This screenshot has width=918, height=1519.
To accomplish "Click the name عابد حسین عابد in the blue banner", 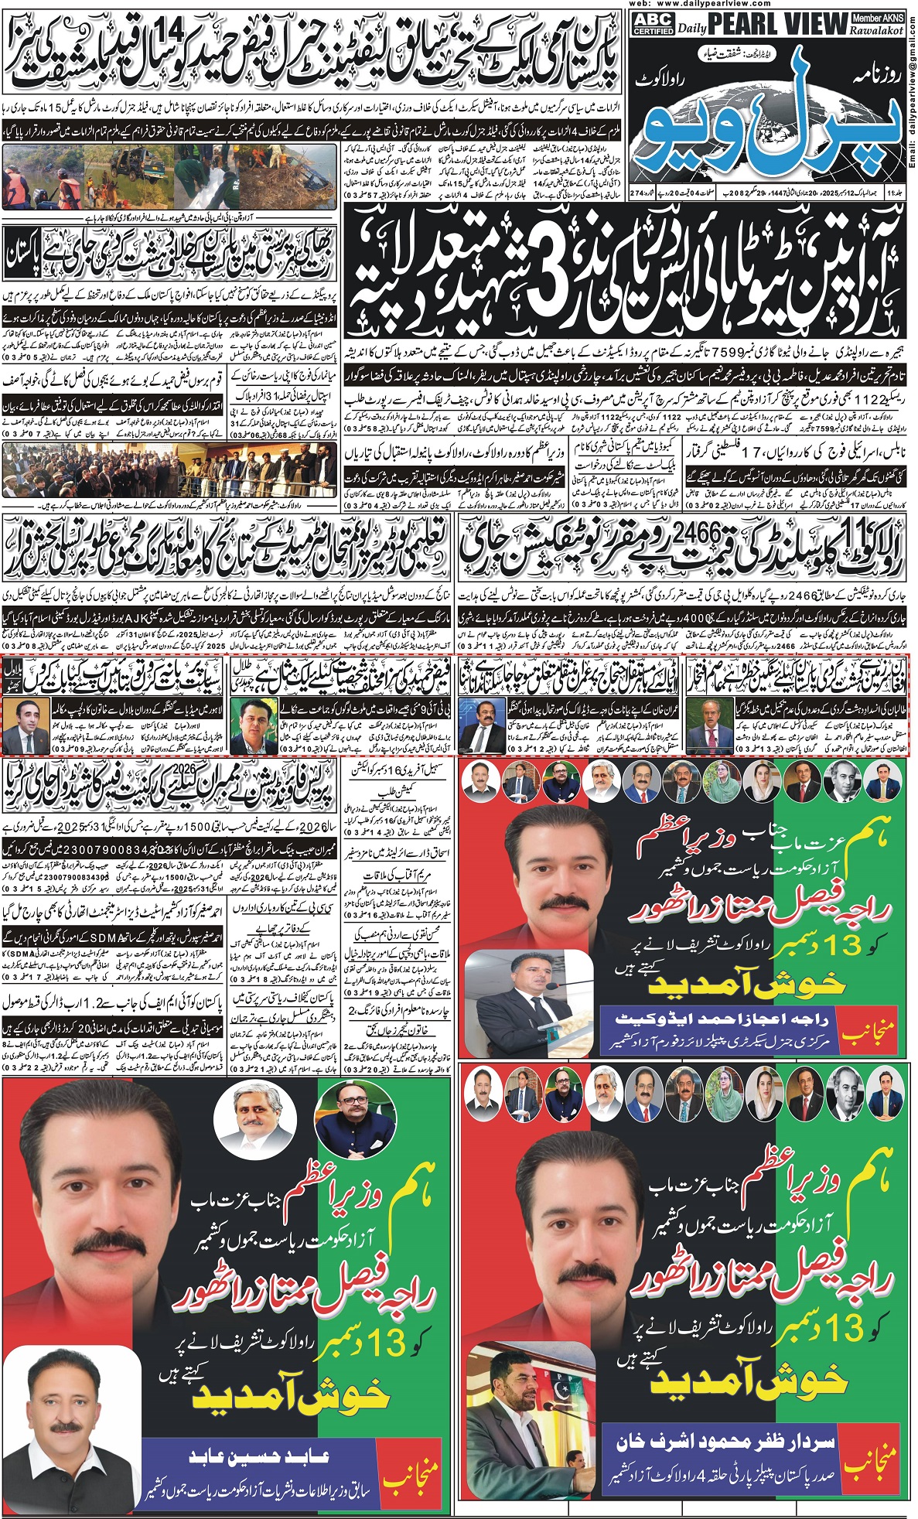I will coord(260,1456).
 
